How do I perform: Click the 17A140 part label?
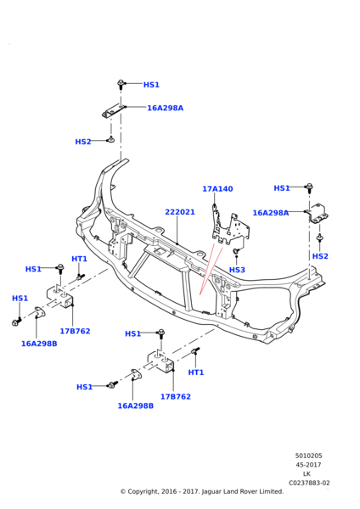click(217, 188)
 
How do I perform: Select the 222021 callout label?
click(180, 212)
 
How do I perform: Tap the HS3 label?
click(237, 270)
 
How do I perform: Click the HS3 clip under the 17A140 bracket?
click(236, 251)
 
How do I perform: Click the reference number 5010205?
click(308, 456)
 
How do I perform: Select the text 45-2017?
click(308, 465)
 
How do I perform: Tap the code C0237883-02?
click(309, 483)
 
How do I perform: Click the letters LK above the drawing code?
click(307, 474)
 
